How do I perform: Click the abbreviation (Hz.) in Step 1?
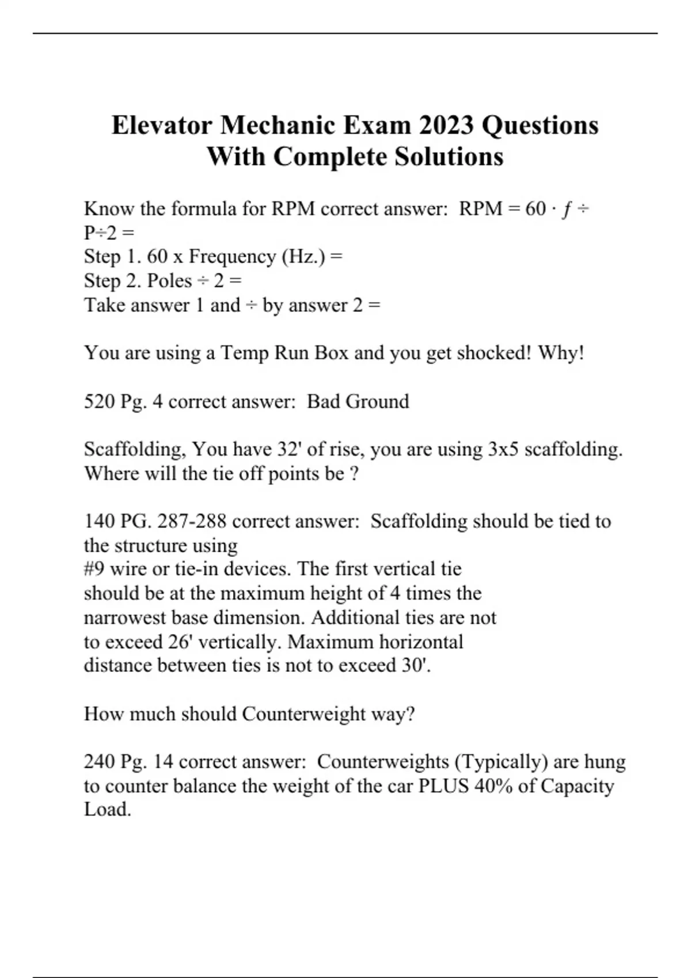303,256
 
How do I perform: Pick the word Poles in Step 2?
169,281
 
